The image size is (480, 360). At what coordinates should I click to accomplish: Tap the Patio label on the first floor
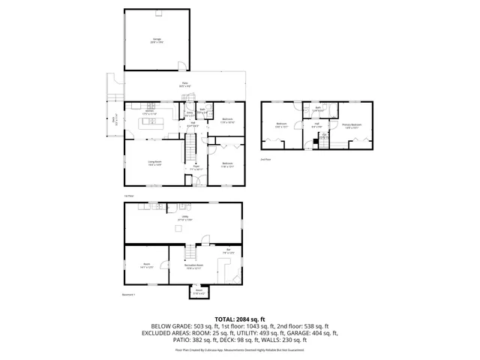click(x=184, y=84)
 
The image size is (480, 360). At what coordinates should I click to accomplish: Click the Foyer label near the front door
click(x=196, y=169)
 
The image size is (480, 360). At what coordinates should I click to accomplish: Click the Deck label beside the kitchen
click(x=114, y=118)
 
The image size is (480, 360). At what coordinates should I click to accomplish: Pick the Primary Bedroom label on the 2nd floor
click(x=351, y=126)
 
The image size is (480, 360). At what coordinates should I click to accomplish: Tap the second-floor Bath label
click(x=318, y=109)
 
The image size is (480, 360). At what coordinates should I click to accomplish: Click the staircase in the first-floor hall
click(x=193, y=142)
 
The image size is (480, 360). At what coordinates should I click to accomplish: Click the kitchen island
click(x=153, y=121)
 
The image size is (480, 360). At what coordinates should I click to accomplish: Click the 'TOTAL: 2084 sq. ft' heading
click(x=240, y=319)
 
